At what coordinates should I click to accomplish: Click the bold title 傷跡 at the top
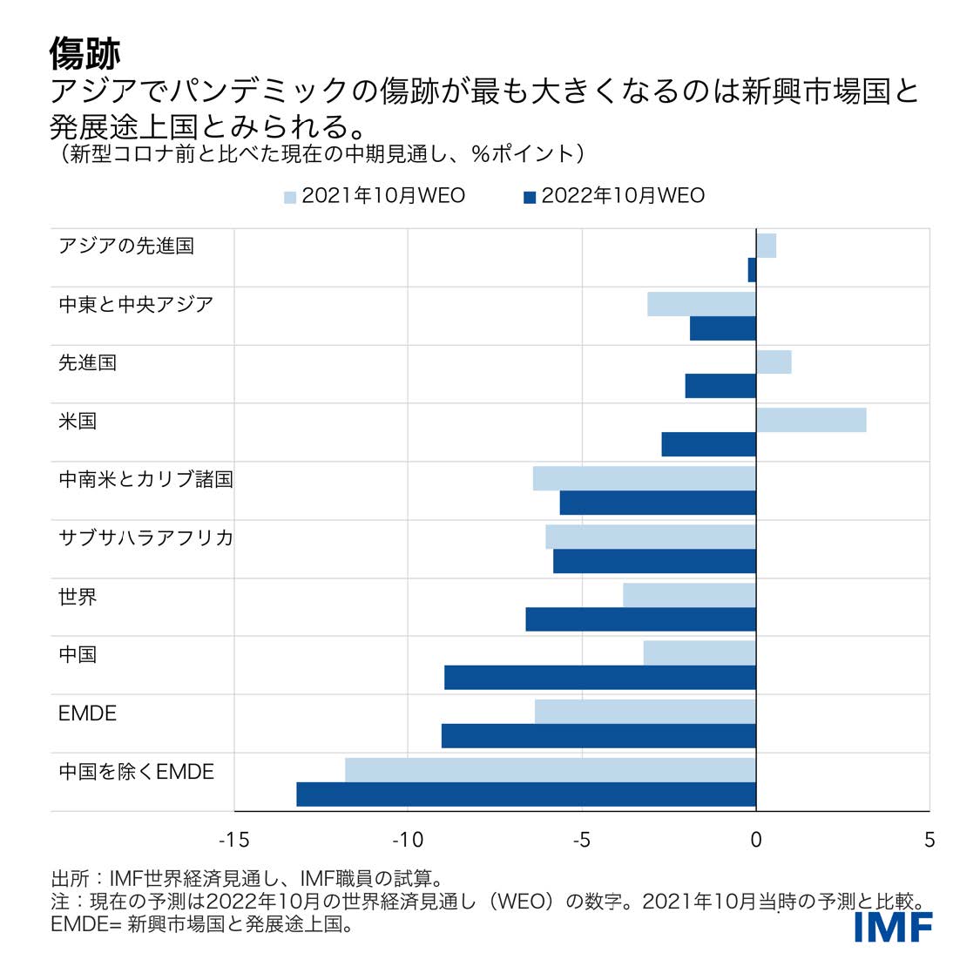tap(84, 54)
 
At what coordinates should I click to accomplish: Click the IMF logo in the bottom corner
tap(893, 928)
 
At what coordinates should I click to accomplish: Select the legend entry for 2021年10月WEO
tap(375, 196)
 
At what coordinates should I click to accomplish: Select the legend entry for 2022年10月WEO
tap(614, 196)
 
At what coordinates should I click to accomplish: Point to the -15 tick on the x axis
tap(233, 840)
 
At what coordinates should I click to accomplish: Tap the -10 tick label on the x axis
tap(407, 840)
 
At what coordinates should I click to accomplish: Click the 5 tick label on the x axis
tap(929, 840)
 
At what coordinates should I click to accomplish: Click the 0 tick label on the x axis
tap(755, 840)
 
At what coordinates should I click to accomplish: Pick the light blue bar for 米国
tap(811, 420)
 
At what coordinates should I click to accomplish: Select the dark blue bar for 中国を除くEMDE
tap(526, 794)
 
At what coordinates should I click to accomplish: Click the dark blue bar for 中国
tap(600, 678)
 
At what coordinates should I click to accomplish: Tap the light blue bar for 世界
tap(689, 595)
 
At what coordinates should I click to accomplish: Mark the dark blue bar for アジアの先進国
tap(752, 270)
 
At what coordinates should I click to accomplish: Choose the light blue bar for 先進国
tap(774, 362)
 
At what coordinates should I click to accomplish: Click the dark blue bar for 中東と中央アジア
tap(723, 328)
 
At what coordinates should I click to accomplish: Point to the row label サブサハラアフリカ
tap(145, 537)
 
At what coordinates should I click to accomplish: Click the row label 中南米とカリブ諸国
tap(145, 479)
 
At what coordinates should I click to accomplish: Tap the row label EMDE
tap(87, 713)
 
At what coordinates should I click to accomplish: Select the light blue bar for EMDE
tap(645, 712)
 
